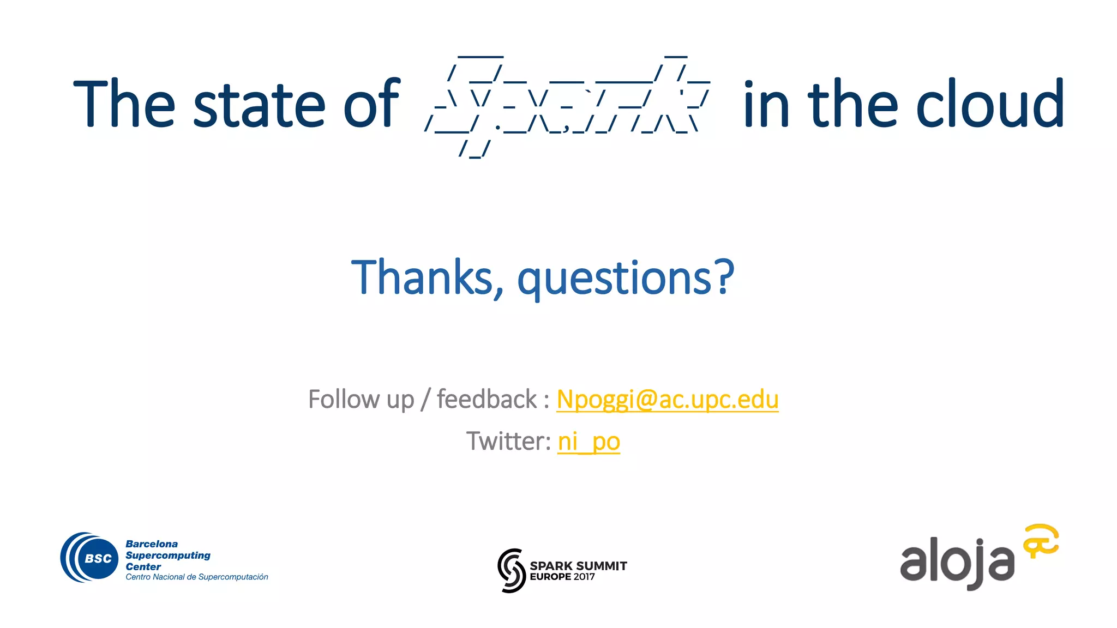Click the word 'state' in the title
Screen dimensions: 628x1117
click(259, 105)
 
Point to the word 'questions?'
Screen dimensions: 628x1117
click(626, 279)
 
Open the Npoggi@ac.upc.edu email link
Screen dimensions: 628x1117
click(667, 400)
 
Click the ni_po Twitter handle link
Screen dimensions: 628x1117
click(588, 442)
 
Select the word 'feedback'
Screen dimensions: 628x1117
click(487, 400)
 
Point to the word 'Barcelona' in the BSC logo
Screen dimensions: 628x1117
click(152, 544)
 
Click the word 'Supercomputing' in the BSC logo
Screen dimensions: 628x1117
click(168, 555)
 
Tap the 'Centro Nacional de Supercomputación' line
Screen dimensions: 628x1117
click(197, 577)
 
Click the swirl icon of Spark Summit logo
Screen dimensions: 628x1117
click(511, 570)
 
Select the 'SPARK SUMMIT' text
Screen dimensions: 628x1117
click(578, 566)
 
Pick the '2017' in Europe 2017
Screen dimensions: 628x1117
click(584, 577)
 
